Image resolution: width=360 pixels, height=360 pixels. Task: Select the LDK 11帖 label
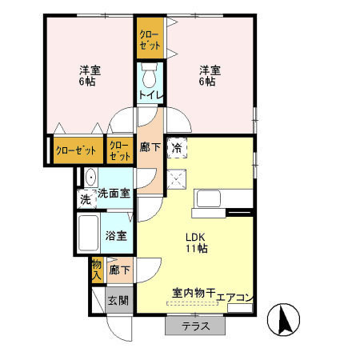click(197, 242)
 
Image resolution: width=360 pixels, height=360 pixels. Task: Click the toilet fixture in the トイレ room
click(150, 77)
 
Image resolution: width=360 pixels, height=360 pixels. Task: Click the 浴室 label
click(116, 235)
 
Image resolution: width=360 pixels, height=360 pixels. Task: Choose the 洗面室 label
click(114, 193)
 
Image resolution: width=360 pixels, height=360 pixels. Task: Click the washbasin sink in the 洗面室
click(90, 178)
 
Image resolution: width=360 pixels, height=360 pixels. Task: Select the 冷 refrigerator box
click(176, 147)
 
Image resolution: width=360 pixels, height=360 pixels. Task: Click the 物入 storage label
click(97, 269)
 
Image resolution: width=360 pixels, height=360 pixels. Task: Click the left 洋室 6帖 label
click(86, 75)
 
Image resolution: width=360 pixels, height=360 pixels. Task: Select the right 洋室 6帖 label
click(207, 75)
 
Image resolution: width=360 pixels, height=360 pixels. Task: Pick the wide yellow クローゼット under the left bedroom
click(78, 150)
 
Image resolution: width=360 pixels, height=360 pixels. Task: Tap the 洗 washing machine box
click(86, 199)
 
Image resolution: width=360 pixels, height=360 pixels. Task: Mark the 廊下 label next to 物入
click(119, 270)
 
